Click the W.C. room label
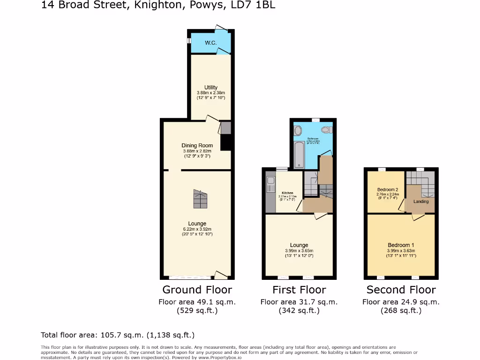210,43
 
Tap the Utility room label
211,88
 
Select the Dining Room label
197,145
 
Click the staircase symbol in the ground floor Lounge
200,200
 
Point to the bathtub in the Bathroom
299,156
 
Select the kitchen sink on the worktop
270,185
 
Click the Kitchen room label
287,193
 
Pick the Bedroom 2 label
387,190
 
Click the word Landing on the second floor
420,202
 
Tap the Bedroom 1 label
401,245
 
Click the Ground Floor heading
197,290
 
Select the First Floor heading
299,290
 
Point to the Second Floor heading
401,290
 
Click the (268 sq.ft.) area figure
401,310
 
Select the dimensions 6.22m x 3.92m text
197,229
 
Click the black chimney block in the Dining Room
226,142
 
